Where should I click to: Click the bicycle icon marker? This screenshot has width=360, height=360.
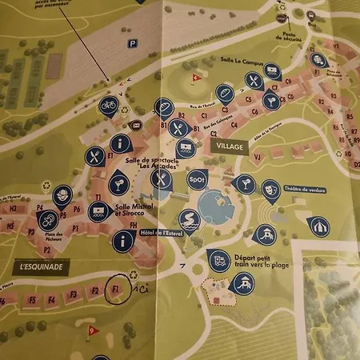pos(108,104)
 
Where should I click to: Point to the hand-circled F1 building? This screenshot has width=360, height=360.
pos(117,289)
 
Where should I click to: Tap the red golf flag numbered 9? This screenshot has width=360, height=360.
pos(93,329)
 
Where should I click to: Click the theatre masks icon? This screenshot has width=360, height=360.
pos(270,190)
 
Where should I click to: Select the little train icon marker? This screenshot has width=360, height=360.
pos(218,260)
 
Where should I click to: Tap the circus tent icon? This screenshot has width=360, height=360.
pos(318,227)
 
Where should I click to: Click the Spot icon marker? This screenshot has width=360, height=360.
pos(197,180)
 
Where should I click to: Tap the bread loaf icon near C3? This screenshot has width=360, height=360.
pos(225,94)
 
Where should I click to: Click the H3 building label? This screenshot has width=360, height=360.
pos(11,226)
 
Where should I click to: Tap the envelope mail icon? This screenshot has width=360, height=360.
pos(137,124)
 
